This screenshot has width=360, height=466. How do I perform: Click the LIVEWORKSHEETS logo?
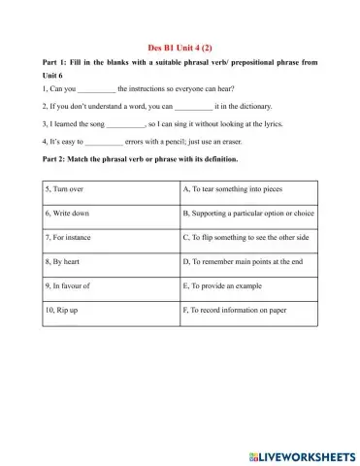297,453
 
